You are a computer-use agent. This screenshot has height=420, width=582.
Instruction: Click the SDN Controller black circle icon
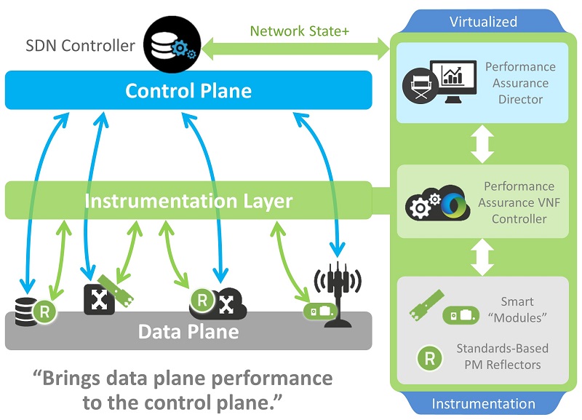pos(172,44)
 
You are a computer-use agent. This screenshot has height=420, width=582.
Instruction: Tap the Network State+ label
pos(300,31)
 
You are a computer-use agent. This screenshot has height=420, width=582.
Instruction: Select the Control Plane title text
pos(188,90)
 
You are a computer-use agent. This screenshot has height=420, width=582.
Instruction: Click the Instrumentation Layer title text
pos(188,201)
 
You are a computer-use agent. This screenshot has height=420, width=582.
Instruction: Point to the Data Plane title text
pos(188,332)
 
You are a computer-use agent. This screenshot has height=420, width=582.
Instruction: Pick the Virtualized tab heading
pos(483,22)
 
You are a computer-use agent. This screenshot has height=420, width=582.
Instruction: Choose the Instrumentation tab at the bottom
pos(483,404)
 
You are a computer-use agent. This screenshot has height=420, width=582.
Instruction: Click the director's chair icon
pos(421,86)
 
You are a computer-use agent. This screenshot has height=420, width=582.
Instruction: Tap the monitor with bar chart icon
pos(453,81)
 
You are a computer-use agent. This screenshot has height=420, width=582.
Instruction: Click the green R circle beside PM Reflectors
pos(429,358)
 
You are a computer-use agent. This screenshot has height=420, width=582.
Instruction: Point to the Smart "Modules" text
pos(517,309)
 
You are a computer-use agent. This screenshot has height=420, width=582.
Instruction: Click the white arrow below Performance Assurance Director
pos(482,143)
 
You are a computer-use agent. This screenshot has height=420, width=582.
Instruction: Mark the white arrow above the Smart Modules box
pos(482,257)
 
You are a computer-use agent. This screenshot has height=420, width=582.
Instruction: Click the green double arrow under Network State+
pos(295,49)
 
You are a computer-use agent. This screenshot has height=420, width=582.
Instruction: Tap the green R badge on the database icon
pos(44,312)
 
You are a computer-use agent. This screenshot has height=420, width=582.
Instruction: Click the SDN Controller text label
pos(80,46)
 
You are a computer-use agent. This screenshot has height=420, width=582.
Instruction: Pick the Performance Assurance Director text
pos(520,83)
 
